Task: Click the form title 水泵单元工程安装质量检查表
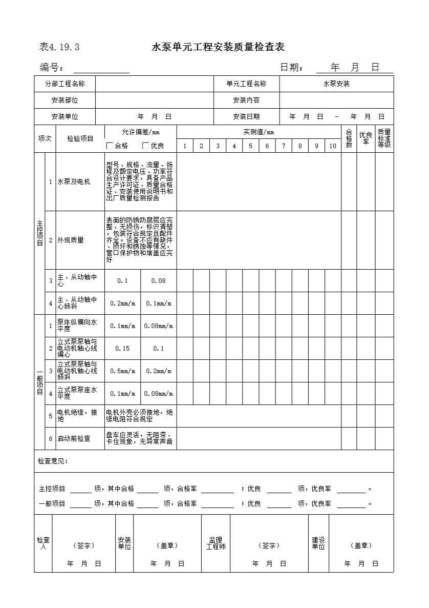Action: (218, 47)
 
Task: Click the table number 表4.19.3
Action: (59, 47)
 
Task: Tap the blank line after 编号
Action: (101, 69)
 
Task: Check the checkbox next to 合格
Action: (110, 146)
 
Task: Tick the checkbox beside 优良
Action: (145, 146)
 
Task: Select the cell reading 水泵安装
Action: (336, 84)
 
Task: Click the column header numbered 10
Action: (333, 146)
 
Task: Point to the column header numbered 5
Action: (250, 146)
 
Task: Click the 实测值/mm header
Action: (259, 132)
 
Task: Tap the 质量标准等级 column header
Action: (384, 139)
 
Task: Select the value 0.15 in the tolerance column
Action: (122, 349)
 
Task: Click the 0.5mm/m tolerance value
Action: (122, 371)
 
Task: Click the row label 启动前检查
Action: (73, 439)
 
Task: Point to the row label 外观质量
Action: (70, 240)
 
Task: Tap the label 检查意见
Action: (53, 461)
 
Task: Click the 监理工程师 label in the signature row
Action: (216, 543)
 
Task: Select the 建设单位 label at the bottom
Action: (318, 543)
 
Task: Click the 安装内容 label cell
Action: (246, 100)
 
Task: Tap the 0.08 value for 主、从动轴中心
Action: (159, 281)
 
